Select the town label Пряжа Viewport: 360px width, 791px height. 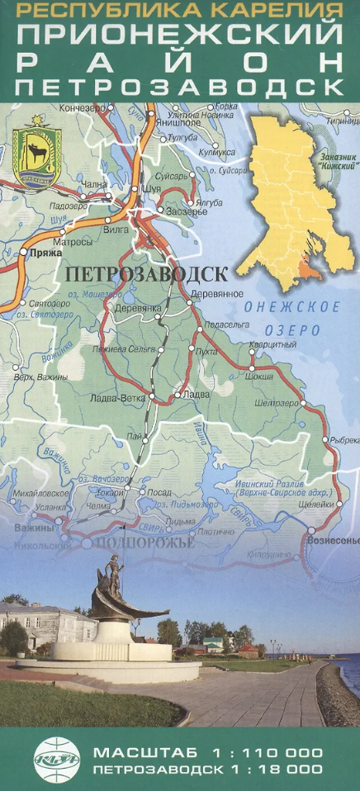click(x=40, y=256)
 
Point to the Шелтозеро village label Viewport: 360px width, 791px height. click(x=277, y=403)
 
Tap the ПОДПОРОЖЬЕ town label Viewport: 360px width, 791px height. click(x=144, y=543)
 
